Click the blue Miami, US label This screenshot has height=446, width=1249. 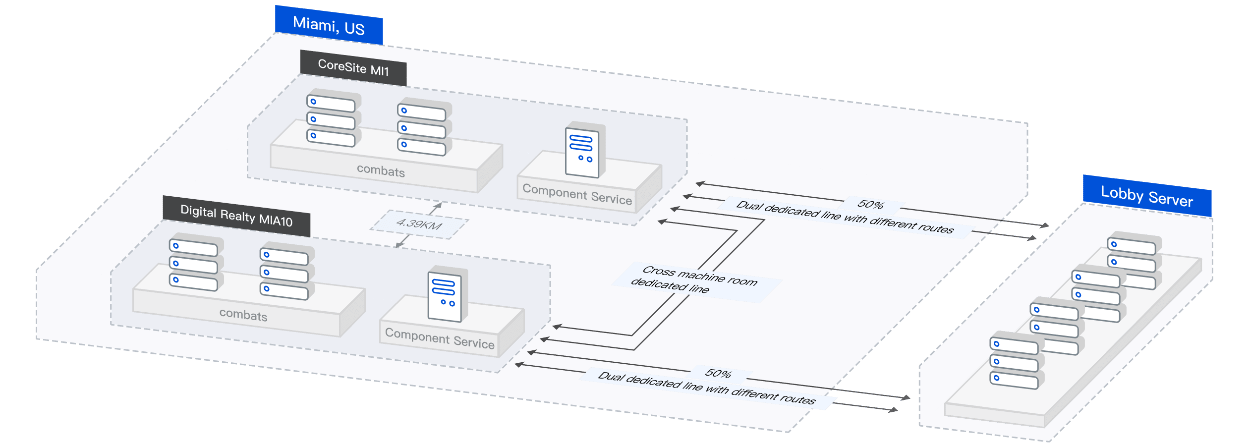coord(329,26)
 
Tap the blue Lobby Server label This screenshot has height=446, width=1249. coord(1147,196)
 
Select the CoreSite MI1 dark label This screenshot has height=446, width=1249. coord(353,67)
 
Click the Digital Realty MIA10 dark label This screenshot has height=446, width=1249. coord(236,216)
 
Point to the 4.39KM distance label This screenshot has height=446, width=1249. coord(419,224)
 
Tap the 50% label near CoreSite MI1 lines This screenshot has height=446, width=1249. coord(871,204)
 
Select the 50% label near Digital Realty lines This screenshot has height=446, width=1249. coord(718,373)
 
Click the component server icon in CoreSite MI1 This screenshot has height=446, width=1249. coord(583,151)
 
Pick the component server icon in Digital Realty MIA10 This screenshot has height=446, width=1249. coord(446,295)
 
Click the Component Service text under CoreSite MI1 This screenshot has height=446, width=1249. coord(577,194)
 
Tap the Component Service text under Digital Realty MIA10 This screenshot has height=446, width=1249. coord(440,339)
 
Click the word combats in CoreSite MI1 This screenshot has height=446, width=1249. coord(381,170)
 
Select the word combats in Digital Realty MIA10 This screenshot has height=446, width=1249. coord(243,315)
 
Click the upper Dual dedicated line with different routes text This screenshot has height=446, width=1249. coord(845,217)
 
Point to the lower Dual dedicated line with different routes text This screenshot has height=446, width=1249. coord(706,388)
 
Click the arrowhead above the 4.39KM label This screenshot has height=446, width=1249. coord(438,205)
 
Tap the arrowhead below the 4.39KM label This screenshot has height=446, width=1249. coord(399,245)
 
